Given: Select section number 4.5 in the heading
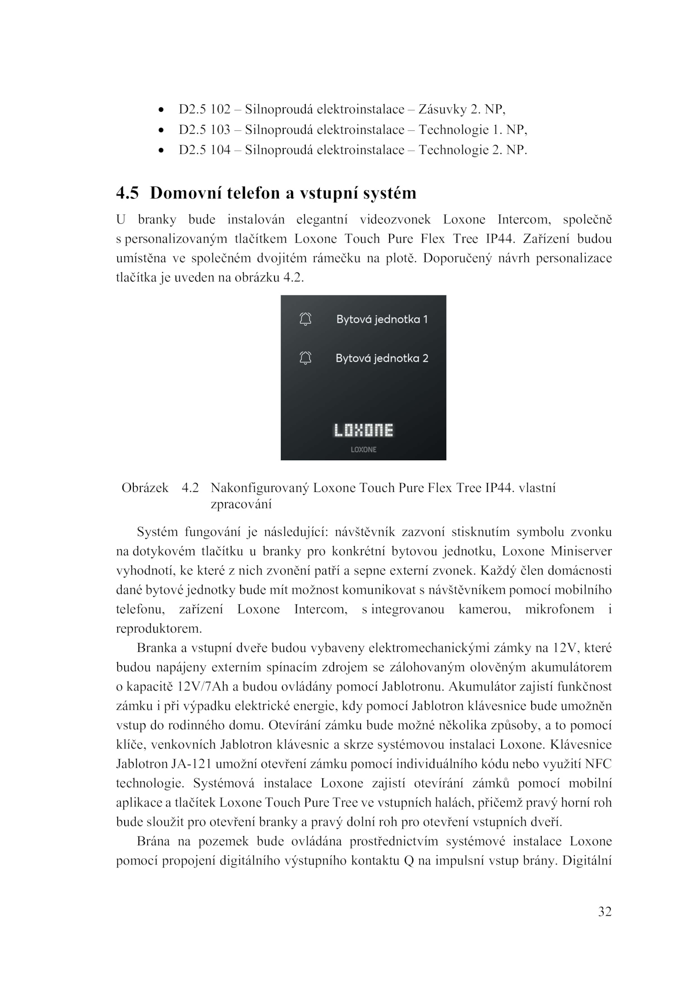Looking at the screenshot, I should tap(127, 193).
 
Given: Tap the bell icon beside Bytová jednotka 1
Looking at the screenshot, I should tap(305, 319).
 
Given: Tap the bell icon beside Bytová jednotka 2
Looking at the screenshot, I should tap(305, 358).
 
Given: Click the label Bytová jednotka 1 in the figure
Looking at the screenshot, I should tap(382, 319).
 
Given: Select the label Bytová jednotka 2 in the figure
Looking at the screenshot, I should tap(382, 358).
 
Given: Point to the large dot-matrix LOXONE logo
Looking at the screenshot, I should tap(363, 430).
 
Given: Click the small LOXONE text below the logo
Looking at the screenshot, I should tap(363, 450).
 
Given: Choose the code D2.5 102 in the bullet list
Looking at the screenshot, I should tap(205, 109).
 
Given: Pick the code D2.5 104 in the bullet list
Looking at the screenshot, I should tap(205, 150).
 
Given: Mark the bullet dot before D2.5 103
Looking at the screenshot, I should tap(161, 130).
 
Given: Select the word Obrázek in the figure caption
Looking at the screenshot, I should tap(145, 488).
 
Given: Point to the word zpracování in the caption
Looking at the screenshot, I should tap(241, 504).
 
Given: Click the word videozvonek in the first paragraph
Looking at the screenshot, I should tap(395, 219).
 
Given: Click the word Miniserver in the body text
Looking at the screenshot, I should tap(581, 551).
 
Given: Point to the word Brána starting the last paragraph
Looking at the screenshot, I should tap(153, 841).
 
